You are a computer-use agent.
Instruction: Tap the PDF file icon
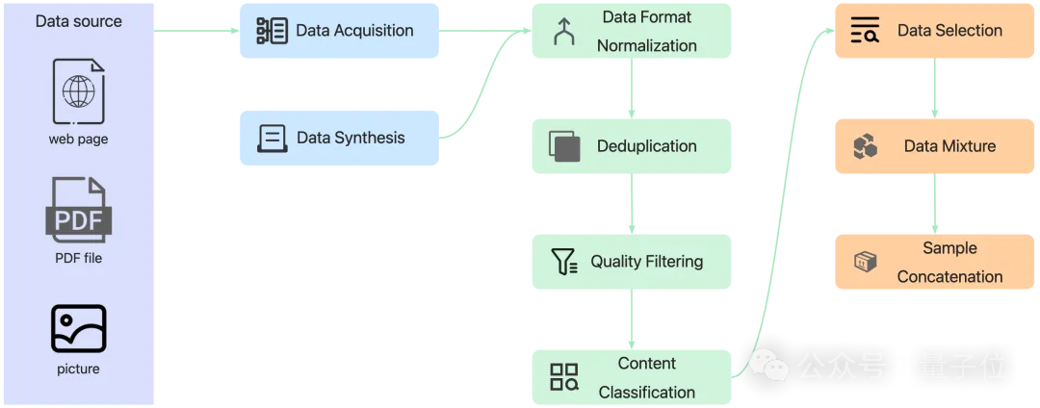(x=78, y=209)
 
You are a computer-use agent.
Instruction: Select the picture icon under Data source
(x=78, y=328)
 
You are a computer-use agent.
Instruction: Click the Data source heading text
(x=77, y=21)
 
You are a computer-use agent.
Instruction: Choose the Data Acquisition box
(x=339, y=31)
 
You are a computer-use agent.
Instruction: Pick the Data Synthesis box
(x=339, y=138)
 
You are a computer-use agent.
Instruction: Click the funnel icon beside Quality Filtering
(x=563, y=262)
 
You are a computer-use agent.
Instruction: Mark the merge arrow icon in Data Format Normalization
(x=563, y=33)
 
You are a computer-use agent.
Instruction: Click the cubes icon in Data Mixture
(x=865, y=146)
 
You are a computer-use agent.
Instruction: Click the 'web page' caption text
(x=78, y=140)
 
